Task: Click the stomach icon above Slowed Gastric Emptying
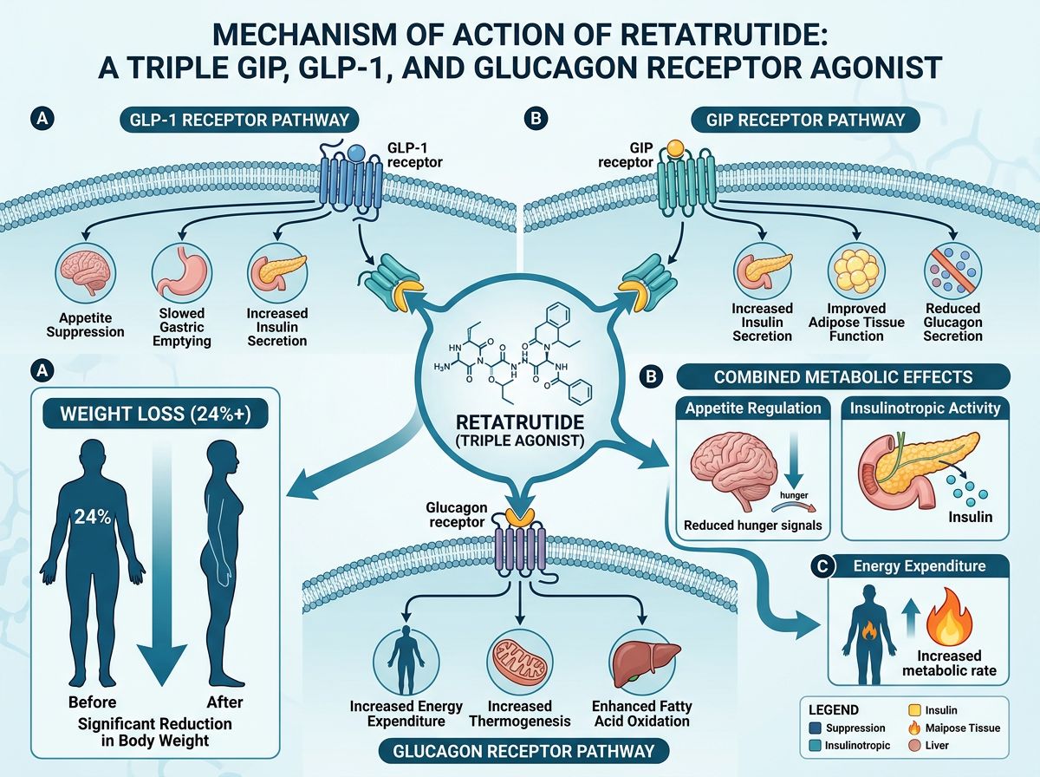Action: [x=177, y=271]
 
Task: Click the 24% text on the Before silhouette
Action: [x=92, y=519]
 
